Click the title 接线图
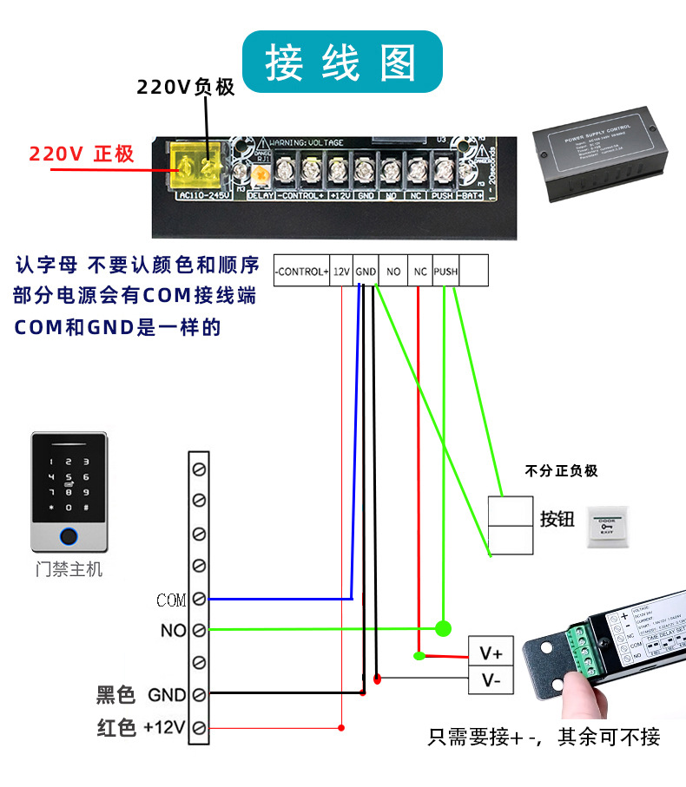point(341,62)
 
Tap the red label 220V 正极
point(82,154)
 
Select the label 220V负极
point(186,87)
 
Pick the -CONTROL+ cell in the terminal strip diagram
point(301,272)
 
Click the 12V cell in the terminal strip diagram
point(341,272)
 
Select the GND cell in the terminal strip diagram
point(366,272)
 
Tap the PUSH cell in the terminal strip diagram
point(445,272)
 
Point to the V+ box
point(491,651)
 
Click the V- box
point(491,680)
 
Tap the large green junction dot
point(443,628)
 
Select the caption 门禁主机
point(69,569)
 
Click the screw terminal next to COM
point(199,599)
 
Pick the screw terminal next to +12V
point(199,727)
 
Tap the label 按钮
point(557,519)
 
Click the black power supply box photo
point(604,152)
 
